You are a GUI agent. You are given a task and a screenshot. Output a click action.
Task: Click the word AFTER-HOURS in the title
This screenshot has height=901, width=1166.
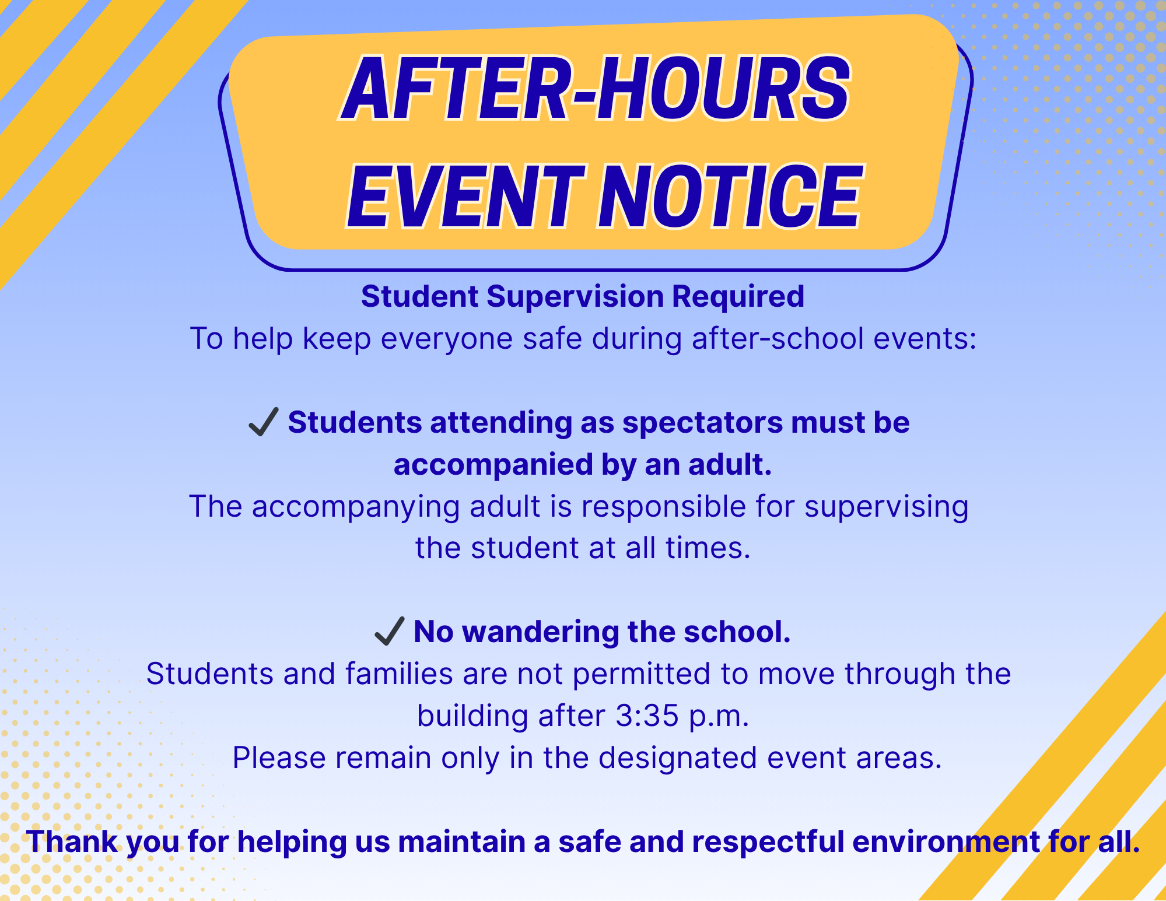point(595,89)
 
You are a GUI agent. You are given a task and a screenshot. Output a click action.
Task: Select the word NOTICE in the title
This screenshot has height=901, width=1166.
point(729,197)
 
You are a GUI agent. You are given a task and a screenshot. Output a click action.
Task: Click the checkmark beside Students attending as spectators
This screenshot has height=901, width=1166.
point(263,422)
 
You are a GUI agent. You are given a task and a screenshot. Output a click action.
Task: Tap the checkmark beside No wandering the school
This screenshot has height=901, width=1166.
point(389,631)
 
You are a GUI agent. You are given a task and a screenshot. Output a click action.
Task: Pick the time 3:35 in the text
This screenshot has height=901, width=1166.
point(647,716)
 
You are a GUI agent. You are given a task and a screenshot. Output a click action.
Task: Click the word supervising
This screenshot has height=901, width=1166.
point(886,507)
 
